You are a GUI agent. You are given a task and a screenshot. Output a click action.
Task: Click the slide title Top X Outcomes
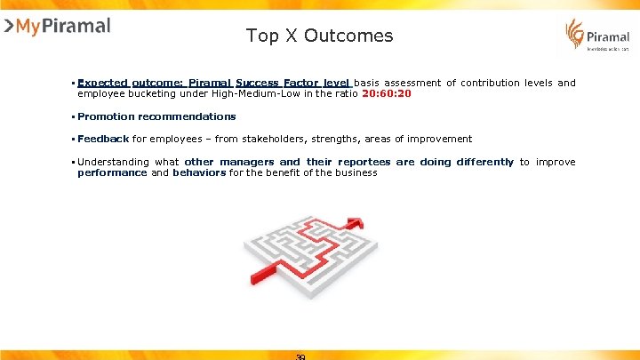tap(319, 36)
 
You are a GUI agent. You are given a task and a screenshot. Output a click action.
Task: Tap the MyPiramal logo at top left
tap(57, 26)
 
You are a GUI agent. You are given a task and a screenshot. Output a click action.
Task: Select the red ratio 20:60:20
tap(387, 93)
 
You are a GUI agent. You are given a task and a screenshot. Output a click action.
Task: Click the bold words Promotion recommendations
tap(156, 116)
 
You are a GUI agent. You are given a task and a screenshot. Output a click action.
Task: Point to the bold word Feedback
tap(103, 139)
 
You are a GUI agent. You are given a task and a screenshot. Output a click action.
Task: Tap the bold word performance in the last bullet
tap(112, 172)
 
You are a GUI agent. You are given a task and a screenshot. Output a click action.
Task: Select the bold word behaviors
tap(200, 172)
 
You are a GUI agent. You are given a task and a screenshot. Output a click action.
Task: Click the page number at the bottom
tap(300, 356)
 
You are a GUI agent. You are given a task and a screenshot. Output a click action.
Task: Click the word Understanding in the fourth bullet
tap(114, 162)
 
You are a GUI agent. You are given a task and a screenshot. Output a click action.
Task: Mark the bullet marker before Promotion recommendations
tap(73, 116)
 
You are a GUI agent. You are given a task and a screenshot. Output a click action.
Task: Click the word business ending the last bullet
tap(356, 172)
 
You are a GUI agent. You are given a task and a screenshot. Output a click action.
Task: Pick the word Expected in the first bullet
tap(102, 83)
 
